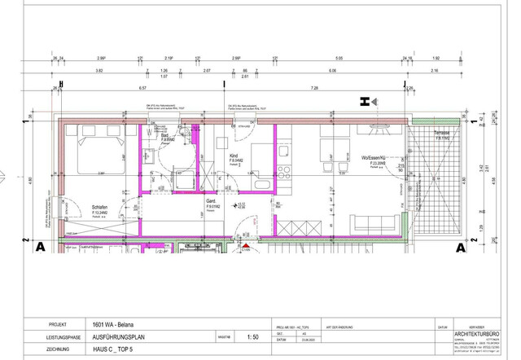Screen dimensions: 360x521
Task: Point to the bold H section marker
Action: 366,102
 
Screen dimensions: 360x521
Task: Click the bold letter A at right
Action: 461,248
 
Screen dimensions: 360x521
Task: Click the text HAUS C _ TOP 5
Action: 113,349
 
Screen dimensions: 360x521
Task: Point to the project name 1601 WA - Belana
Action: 114,323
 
